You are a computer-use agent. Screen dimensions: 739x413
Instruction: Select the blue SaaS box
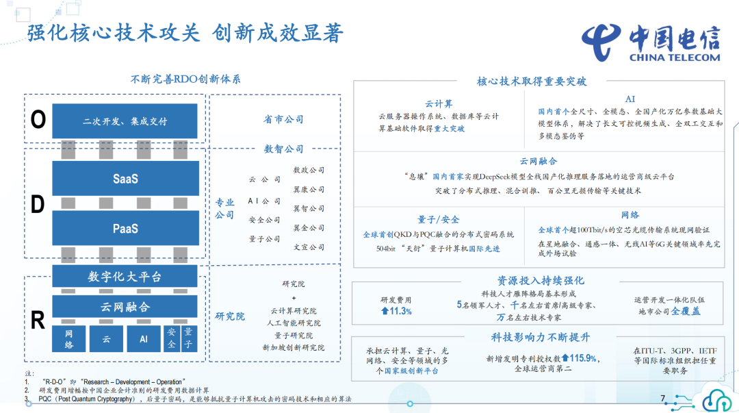tap(125, 179)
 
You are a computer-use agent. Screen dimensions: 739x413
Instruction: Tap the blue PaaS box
tap(125, 228)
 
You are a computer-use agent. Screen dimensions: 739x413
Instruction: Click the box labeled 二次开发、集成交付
tap(125, 121)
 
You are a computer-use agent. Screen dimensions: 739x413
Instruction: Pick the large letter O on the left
tap(38, 121)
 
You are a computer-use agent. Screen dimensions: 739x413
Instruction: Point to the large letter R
tap(38, 321)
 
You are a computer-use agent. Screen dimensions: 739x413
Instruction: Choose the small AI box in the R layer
tap(144, 339)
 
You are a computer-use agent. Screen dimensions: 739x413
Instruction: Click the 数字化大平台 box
tap(125, 277)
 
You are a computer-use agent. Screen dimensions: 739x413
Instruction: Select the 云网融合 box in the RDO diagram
tap(125, 307)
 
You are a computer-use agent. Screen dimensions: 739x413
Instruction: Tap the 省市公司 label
tap(283, 119)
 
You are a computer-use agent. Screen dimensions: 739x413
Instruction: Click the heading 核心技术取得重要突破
tap(532, 81)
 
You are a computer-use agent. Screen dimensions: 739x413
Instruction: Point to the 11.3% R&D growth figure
tap(396, 311)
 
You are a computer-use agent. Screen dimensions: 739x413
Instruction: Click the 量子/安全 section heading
tap(439, 219)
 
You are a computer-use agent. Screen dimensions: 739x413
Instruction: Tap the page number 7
tap(662, 398)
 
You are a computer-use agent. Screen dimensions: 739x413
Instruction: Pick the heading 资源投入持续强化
tap(541, 281)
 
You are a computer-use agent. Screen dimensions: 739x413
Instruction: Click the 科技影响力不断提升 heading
tap(541, 337)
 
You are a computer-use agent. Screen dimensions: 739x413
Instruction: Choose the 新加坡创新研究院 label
tap(294, 347)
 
